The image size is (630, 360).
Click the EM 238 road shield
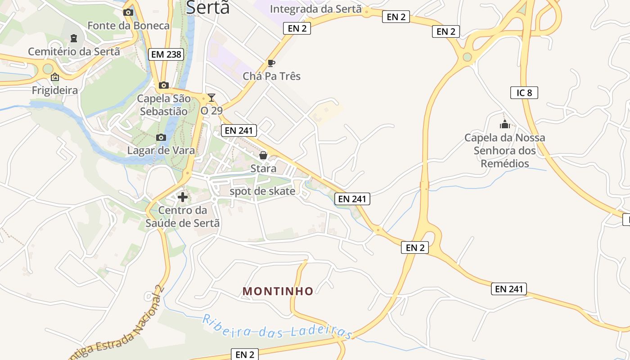pyautogui.click(x=166, y=54)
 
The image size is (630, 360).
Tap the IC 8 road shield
pyautogui.click(x=524, y=93)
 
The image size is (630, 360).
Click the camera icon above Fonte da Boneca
pyautogui.click(x=128, y=12)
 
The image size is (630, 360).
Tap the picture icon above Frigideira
pyautogui.click(x=55, y=77)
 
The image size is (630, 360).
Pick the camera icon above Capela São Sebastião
pyautogui.click(x=163, y=85)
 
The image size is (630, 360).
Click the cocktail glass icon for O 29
pyautogui.click(x=211, y=98)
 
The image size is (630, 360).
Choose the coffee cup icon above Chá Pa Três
pyautogui.click(x=271, y=63)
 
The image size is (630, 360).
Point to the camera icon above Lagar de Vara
pyautogui.click(x=161, y=137)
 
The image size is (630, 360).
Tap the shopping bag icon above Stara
pyautogui.click(x=263, y=155)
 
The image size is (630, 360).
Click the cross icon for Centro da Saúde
pyautogui.click(x=183, y=197)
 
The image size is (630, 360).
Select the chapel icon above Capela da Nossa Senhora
pyautogui.click(x=505, y=124)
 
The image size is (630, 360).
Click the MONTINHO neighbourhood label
pyautogui.click(x=278, y=291)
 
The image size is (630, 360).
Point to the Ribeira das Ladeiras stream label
pyautogui.click(x=277, y=327)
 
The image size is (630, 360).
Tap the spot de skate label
pyautogui.click(x=262, y=191)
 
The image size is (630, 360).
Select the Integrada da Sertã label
pyautogui.click(x=315, y=9)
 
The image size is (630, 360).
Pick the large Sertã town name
pyautogui.click(x=207, y=7)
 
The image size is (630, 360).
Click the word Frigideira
pyautogui.click(x=55, y=90)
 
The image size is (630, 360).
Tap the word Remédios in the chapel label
pyautogui.click(x=505, y=163)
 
